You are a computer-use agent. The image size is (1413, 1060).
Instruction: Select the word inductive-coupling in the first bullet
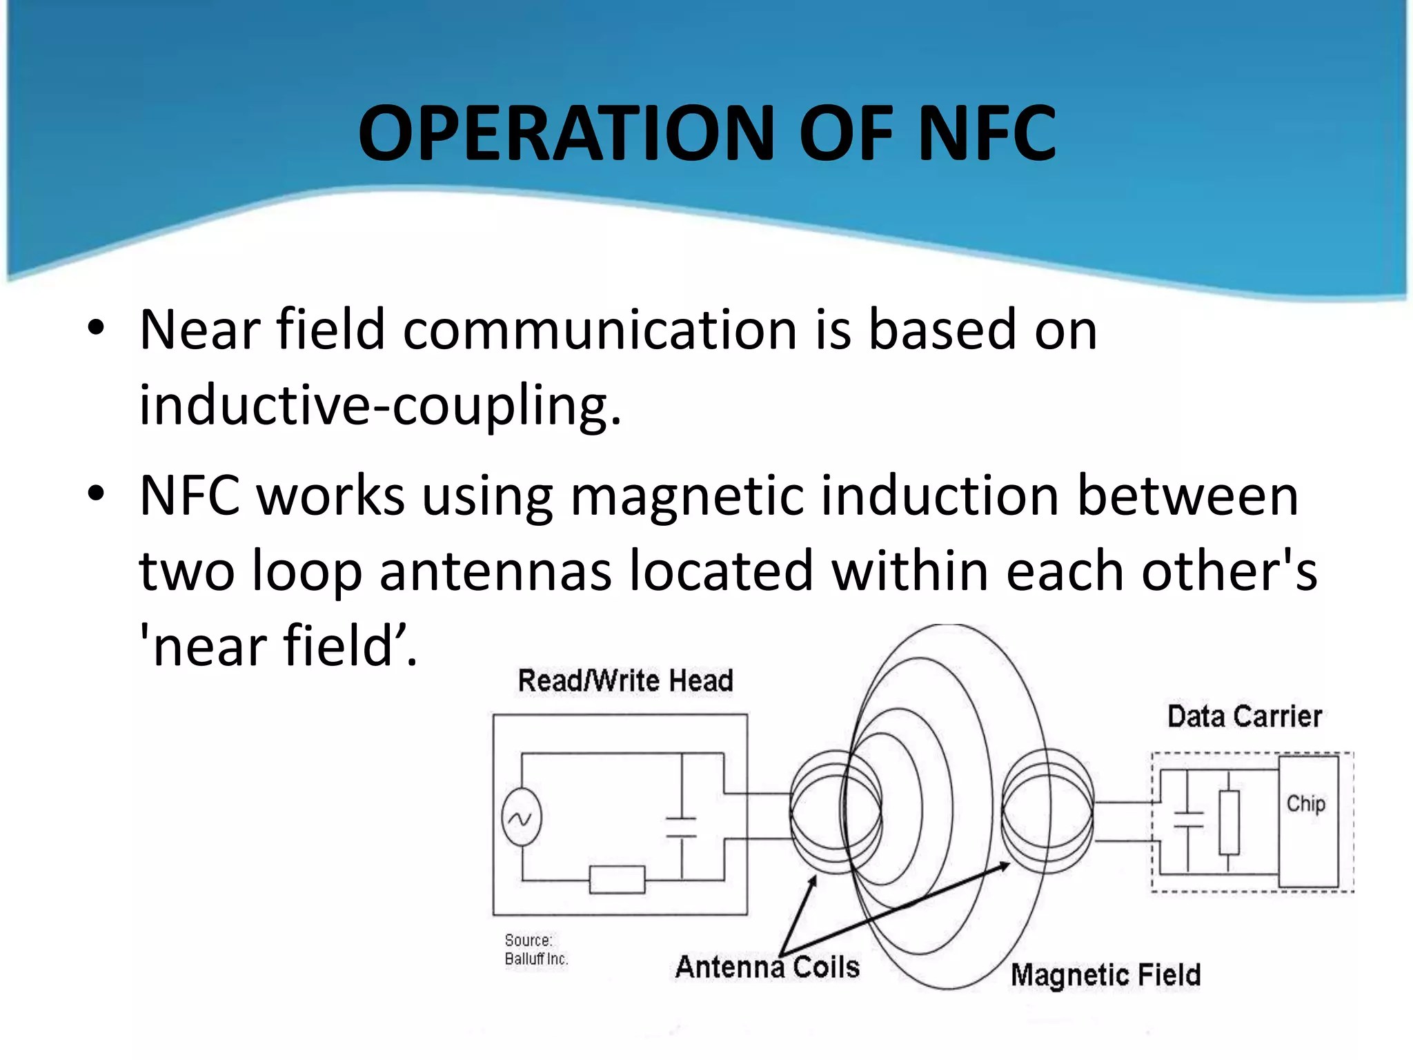[x=380, y=406]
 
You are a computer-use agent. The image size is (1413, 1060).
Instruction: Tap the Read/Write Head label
[x=625, y=680]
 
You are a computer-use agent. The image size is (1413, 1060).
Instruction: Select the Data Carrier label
[x=1245, y=716]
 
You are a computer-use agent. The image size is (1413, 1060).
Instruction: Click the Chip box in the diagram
[x=1308, y=821]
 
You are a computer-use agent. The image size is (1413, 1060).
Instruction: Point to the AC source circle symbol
[x=521, y=818]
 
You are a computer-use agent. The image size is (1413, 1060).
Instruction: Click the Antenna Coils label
[x=767, y=967]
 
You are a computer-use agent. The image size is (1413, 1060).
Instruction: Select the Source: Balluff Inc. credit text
[x=536, y=950]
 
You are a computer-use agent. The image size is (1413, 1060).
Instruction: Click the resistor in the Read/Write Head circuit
[x=617, y=880]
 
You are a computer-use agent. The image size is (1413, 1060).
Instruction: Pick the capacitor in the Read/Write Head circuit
[x=681, y=827]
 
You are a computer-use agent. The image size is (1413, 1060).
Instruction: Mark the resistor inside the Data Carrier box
[x=1229, y=823]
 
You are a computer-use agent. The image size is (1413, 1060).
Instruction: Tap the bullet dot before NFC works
[x=96, y=494]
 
